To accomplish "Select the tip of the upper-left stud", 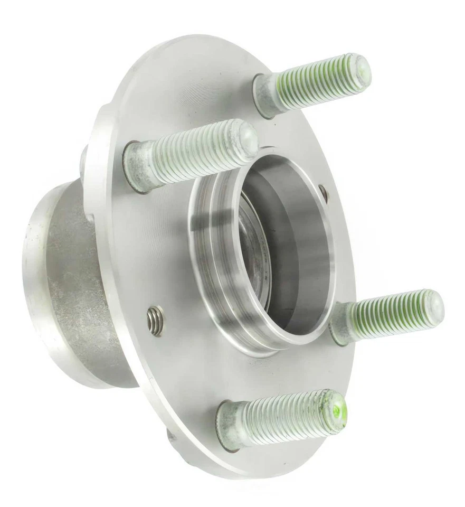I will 245,136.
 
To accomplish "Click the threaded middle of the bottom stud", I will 285,417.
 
